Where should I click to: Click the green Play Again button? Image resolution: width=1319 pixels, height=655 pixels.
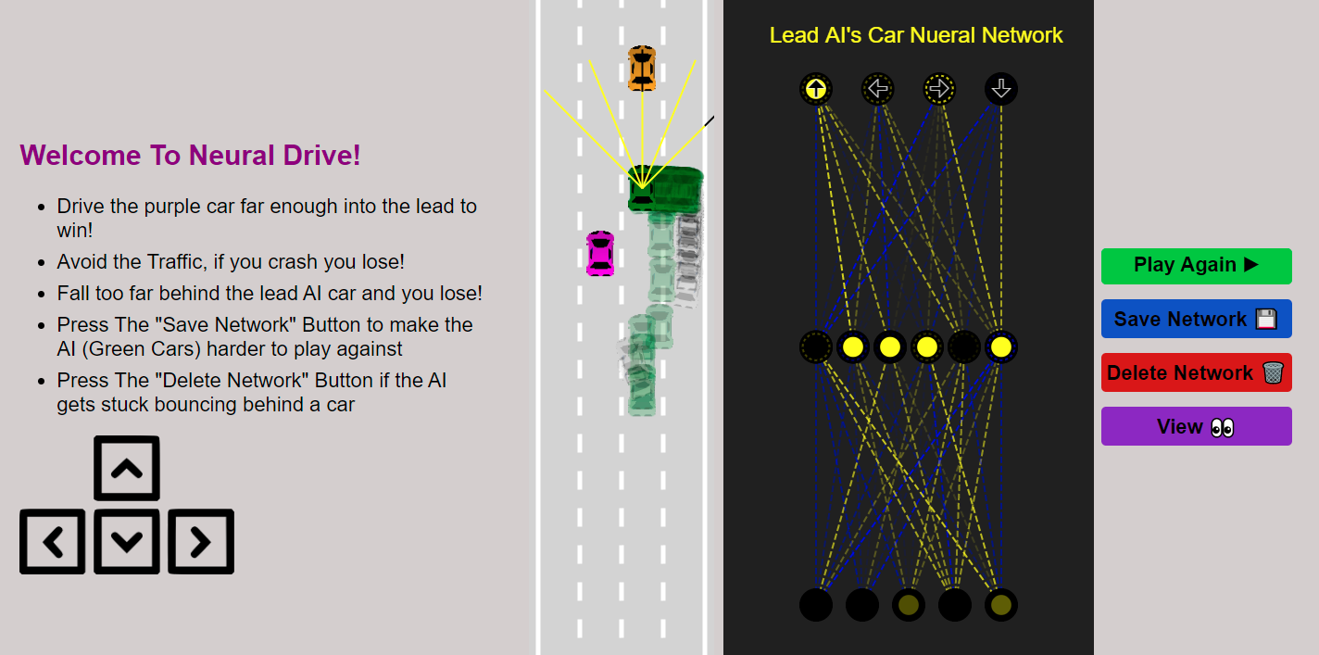(x=1196, y=266)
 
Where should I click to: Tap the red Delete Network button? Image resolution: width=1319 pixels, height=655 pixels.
(x=1196, y=372)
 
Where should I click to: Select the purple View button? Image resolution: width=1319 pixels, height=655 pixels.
(x=1196, y=426)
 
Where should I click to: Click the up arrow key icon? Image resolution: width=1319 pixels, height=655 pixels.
(x=127, y=469)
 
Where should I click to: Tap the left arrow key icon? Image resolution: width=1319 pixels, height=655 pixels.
(x=53, y=542)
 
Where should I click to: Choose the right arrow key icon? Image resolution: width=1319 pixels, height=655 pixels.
(x=201, y=542)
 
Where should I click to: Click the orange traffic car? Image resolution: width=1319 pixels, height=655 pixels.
(x=642, y=69)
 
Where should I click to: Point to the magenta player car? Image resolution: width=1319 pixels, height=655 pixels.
(x=600, y=253)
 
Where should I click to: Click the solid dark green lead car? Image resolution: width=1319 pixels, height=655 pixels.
(x=642, y=189)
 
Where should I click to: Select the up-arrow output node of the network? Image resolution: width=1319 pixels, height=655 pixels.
(x=816, y=89)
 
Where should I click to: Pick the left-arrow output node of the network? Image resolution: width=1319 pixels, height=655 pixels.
(x=877, y=89)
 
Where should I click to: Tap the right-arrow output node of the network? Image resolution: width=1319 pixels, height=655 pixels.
(x=939, y=89)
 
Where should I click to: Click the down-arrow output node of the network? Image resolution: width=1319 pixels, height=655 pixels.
(x=1001, y=89)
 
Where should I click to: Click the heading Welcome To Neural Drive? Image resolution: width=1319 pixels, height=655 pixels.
(x=190, y=156)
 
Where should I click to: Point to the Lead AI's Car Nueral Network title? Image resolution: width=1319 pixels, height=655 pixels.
(x=916, y=35)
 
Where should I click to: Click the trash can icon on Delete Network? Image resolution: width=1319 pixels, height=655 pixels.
(x=1273, y=372)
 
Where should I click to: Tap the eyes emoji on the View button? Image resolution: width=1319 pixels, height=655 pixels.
(x=1223, y=427)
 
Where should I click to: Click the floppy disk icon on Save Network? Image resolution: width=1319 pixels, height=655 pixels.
(x=1266, y=320)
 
